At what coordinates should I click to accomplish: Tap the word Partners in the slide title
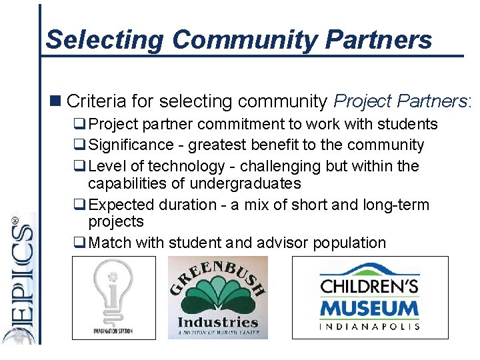click(x=379, y=40)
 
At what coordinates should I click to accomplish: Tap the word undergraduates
click(x=245, y=183)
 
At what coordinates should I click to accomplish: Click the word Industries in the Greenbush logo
click(x=217, y=324)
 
